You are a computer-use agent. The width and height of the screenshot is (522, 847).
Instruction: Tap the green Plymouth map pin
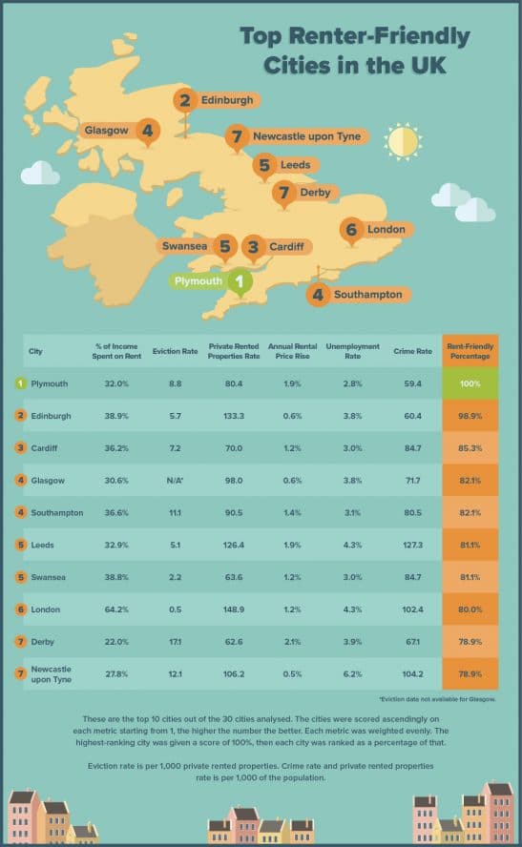tap(239, 281)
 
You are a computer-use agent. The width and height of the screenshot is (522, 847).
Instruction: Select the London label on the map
tap(373, 229)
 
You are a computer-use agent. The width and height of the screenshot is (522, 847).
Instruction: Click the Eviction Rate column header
tap(175, 351)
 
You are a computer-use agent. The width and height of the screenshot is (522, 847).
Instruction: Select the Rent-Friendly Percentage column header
tap(470, 350)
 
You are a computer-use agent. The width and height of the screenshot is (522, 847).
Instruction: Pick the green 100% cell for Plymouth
tap(470, 382)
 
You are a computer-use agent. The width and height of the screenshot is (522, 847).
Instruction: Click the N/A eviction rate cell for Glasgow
tap(176, 480)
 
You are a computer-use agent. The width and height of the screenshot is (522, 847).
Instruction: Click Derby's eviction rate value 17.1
tap(176, 641)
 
